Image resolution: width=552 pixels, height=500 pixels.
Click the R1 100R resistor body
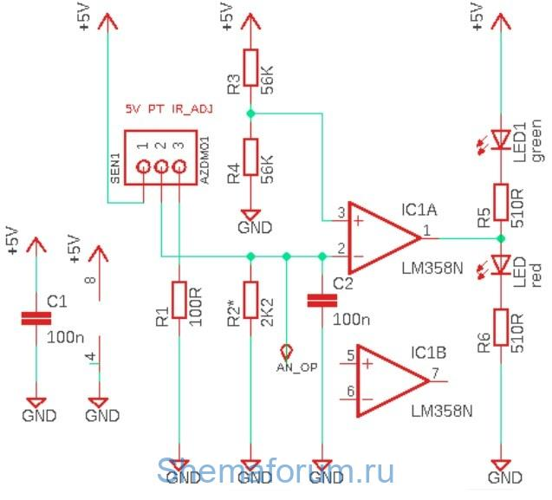coord(179,302)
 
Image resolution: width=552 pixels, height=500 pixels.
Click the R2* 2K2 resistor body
coord(250,301)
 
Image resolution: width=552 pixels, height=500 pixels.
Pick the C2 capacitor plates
coord(322,300)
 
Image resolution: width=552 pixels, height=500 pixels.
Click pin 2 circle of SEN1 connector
coord(161,167)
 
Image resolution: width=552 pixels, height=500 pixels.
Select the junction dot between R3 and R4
coord(250,114)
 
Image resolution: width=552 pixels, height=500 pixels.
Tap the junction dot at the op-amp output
coord(501,237)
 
